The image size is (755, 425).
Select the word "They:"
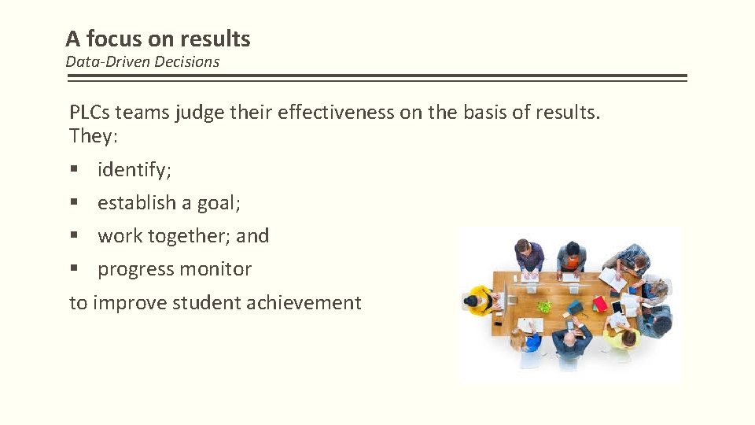coord(93,135)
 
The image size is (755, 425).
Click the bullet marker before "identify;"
coord(74,170)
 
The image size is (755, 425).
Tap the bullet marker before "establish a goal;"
coord(74,203)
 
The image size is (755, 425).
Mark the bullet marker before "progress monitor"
coord(74,269)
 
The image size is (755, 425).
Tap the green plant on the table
coord(543,305)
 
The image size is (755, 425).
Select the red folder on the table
coord(599,303)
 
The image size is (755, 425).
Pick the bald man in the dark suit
coord(572,339)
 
